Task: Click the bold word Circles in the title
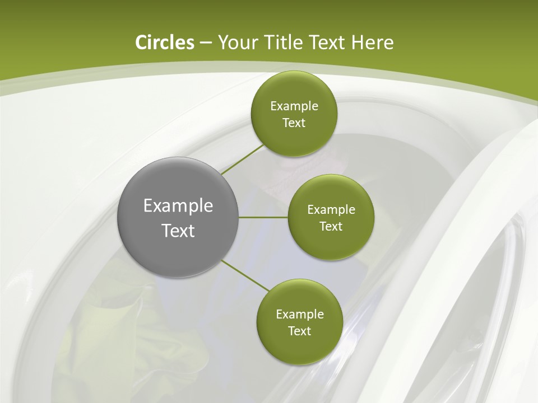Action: click(165, 43)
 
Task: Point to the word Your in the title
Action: click(235, 43)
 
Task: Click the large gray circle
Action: click(178, 217)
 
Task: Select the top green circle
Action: click(294, 114)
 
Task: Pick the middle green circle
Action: click(331, 217)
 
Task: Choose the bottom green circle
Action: click(299, 322)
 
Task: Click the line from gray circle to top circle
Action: click(242, 160)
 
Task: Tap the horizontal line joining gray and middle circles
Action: click(263, 217)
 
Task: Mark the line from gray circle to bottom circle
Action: click(245, 275)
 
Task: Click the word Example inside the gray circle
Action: click(178, 206)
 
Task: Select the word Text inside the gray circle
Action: click(178, 231)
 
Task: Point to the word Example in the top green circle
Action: click(294, 106)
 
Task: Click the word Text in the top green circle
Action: click(294, 123)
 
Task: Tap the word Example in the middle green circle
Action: click(331, 210)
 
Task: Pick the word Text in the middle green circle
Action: click(331, 226)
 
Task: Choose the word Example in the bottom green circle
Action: click(299, 315)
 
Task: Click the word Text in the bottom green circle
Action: click(299, 331)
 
